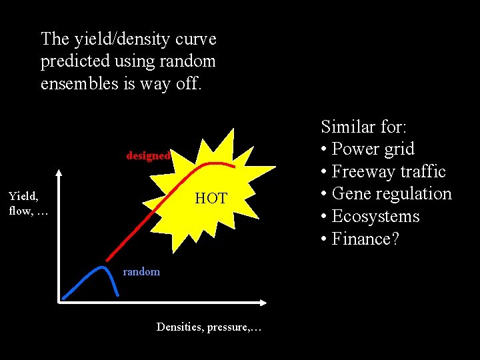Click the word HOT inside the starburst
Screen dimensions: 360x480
tap(211, 199)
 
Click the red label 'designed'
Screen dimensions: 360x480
tap(148, 155)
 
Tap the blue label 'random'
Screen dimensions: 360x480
tap(141, 271)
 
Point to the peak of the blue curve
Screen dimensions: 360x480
tap(101, 267)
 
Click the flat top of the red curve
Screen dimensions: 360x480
tap(215, 163)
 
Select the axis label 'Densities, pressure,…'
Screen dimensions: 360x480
tap(209, 327)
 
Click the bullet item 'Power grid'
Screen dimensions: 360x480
tap(373, 149)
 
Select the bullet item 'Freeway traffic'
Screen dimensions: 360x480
tap(388, 171)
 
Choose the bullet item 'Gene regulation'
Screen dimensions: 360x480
tap(391, 194)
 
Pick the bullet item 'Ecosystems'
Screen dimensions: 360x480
tap(375, 217)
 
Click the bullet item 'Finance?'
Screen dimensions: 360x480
tap(365, 239)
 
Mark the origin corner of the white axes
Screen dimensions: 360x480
tap(59, 302)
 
